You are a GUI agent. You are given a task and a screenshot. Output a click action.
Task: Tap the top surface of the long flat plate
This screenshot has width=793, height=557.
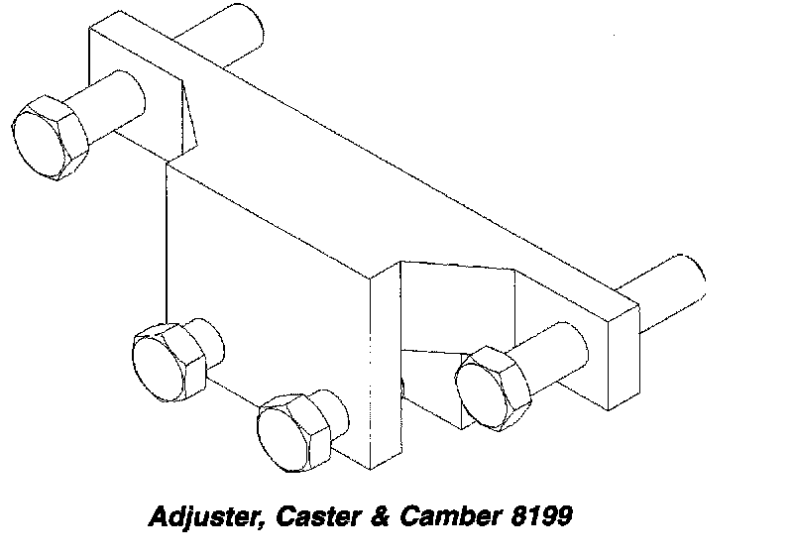(396, 168)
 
